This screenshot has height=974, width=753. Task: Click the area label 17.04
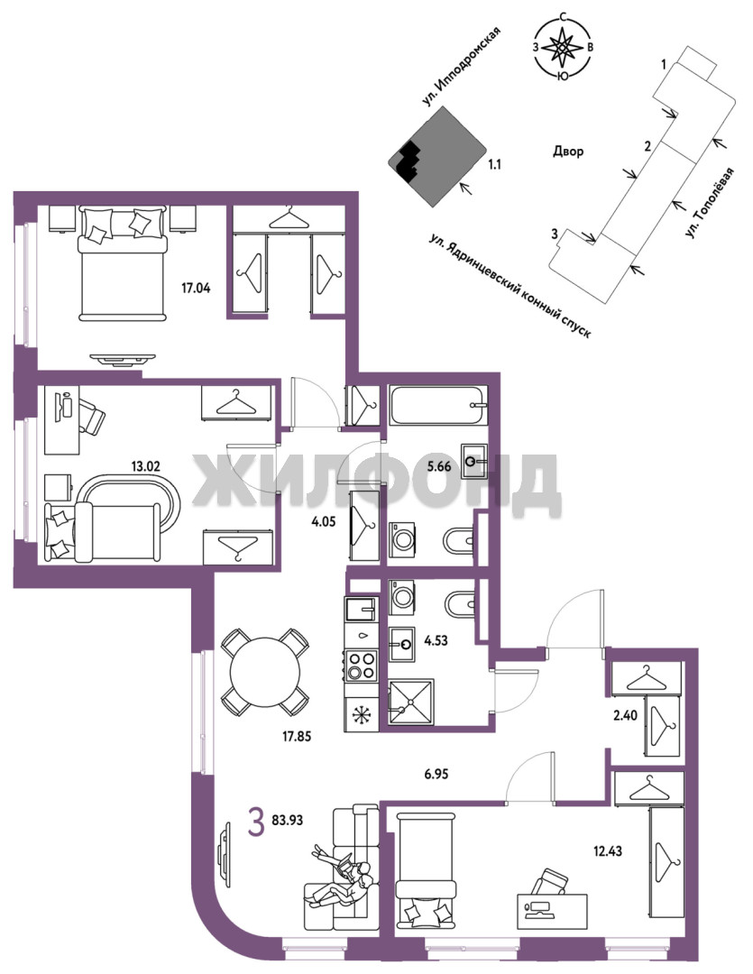pos(196,288)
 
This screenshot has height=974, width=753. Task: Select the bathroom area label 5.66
pos(438,466)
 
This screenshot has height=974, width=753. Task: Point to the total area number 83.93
pos(287,820)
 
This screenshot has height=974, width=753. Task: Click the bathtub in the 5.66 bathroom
pos(438,406)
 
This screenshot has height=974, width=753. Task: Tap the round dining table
pos(264,672)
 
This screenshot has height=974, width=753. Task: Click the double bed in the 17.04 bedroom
pos(123,263)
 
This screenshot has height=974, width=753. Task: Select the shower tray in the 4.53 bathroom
pos(411,702)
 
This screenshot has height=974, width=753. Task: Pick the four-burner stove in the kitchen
pos(361,665)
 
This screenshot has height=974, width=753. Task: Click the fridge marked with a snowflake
pos(361,713)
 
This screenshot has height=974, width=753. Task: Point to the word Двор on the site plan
pos(568,151)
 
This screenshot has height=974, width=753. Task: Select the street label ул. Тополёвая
pos(709,203)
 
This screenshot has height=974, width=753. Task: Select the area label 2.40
pos(625,715)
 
